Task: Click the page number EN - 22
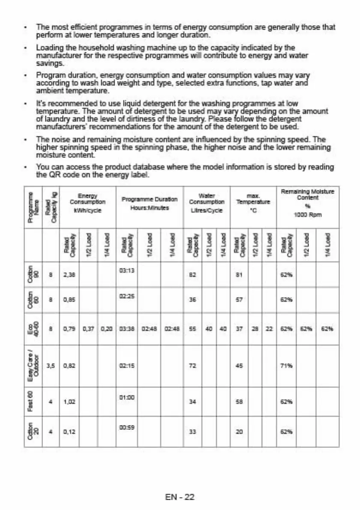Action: coord(180,497)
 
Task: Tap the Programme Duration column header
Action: coord(150,203)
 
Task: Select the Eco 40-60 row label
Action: coord(33,329)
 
